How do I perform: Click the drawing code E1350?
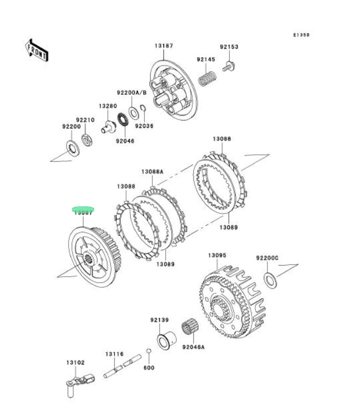(x=301, y=35)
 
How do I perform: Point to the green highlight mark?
(x=84, y=210)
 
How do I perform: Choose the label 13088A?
(x=152, y=172)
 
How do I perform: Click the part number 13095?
(x=217, y=256)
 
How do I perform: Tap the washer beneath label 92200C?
(x=270, y=281)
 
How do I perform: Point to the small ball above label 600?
(x=149, y=350)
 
